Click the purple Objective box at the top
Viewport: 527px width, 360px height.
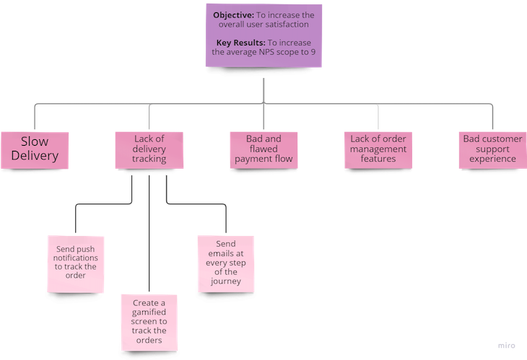263,35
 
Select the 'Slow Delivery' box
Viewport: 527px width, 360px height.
34,149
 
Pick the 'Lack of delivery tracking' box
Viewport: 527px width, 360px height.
150,149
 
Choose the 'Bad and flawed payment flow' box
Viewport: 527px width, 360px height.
263,149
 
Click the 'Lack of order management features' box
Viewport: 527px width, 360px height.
378,149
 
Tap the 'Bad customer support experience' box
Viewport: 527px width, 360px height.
492,149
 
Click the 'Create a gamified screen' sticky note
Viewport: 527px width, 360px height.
149,321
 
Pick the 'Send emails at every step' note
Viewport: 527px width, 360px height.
225,263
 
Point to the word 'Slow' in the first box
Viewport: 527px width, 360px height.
35,141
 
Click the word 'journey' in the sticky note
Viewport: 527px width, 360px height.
226,282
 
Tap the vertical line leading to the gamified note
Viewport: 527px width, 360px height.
149,238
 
